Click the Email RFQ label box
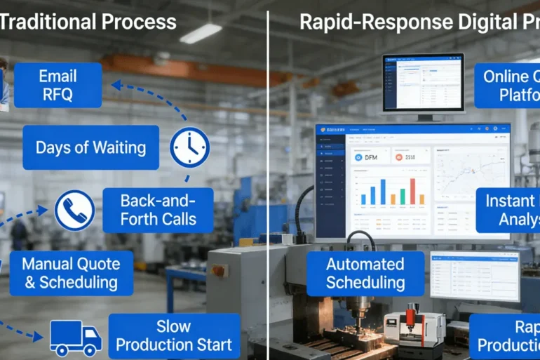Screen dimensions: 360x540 58,85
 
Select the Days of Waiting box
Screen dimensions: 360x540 90,147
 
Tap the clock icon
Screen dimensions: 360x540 189,147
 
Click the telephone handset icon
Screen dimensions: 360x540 75,211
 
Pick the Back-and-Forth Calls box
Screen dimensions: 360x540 158,210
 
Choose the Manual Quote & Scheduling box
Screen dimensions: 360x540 71,273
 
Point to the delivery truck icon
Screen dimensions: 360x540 75,338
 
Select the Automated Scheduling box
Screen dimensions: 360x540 365,274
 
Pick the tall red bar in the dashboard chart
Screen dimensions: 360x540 412,191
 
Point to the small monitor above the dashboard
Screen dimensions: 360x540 424,82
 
